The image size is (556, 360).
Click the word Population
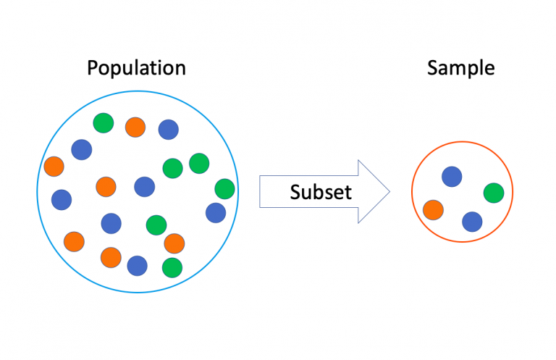pos(136,68)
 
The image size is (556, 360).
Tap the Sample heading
pos(460,68)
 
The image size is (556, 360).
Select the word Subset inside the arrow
pos(321,192)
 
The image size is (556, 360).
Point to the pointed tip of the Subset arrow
pos(389,192)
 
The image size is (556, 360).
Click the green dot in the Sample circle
pos(493,193)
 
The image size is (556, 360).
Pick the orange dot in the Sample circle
pos(433,209)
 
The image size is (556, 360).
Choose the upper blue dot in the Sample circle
pos(452,176)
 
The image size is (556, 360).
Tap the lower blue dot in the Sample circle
pos(472,221)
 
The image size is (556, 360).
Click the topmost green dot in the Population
pos(104,123)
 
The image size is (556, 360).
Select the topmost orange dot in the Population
pos(135,127)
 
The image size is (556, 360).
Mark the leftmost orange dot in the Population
pos(54,167)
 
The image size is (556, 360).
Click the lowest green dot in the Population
pos(172,267)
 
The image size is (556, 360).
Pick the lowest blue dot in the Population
pos(138,266)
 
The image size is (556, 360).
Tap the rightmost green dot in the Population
pos(224,188)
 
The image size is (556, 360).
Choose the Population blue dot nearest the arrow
pos(215,213)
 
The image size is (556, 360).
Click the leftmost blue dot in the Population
pos(62,199)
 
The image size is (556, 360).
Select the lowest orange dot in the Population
pos(111,256)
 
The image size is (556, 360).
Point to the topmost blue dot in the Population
pos(169,129)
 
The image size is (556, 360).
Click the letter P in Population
pos(92,68)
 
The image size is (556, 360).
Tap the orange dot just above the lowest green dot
pos(174,243)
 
